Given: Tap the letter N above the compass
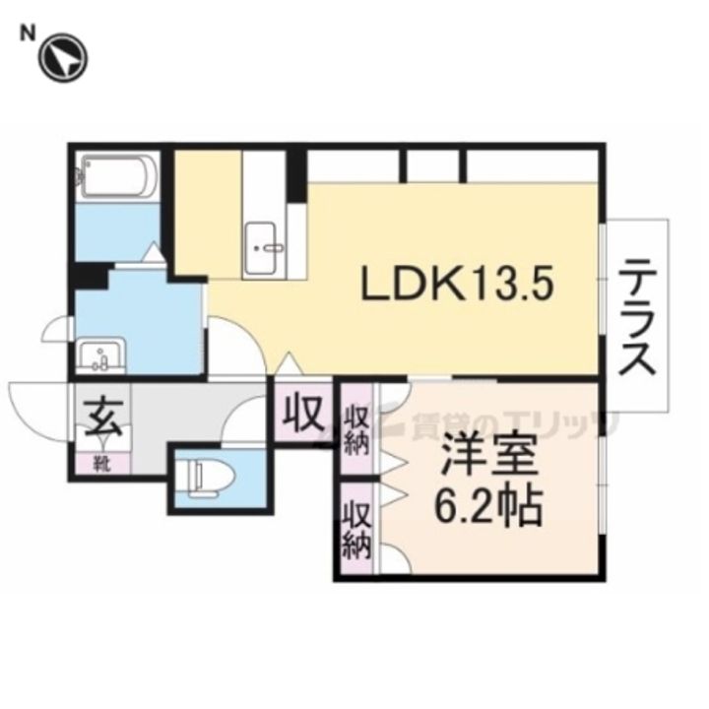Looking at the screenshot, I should coord(29,32).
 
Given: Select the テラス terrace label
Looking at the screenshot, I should coord(638,316).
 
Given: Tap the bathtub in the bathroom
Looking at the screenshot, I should coord(117,176).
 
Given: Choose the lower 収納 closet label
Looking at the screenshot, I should coord(355,529).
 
